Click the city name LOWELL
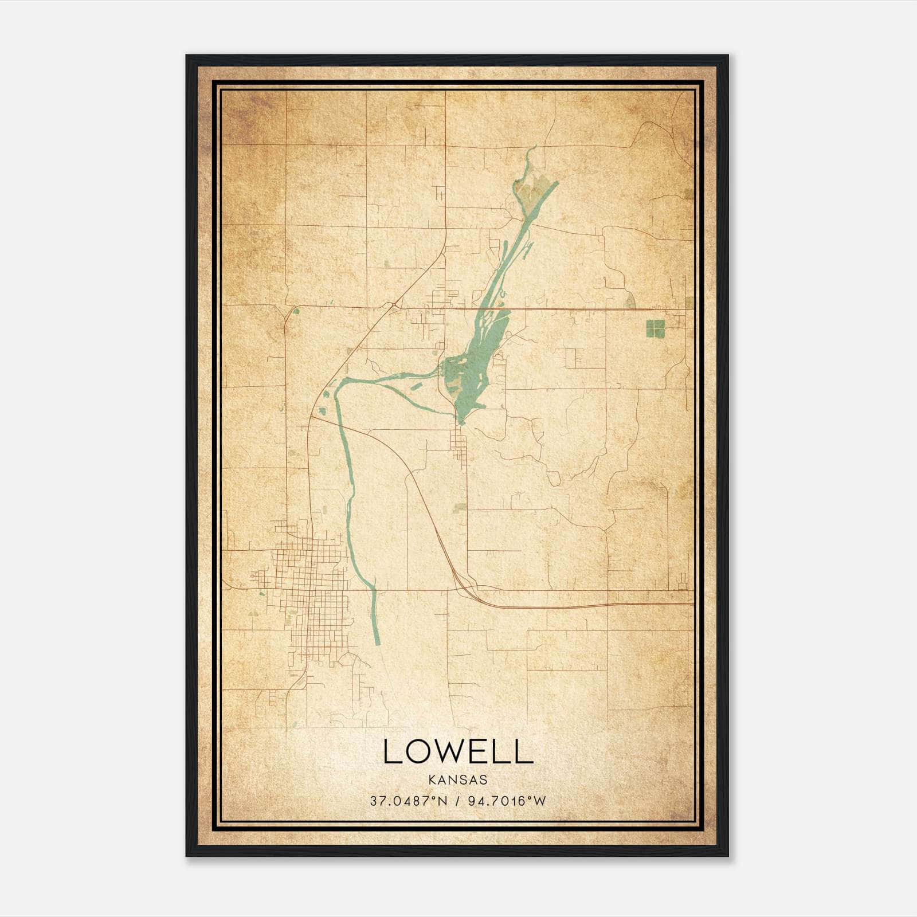(x=457, y=751)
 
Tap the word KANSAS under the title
(x=457, y=780)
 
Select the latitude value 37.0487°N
(x=407, y=801)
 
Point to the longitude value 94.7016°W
(x=507, y=801)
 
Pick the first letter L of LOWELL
(x=391, y=751)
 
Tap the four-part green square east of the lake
(x=655, y=328)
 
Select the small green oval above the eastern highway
(x=630, y=299)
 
